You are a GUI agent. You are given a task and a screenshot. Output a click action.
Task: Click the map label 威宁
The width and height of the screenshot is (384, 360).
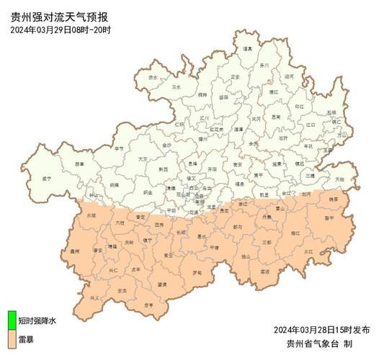point(48,177)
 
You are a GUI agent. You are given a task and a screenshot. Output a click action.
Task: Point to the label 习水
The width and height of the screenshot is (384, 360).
point(176,87)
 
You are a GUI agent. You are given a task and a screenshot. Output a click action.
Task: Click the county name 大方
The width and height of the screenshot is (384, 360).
point(143,158)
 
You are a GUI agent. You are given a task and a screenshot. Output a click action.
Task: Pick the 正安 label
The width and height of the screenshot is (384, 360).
point(236,77)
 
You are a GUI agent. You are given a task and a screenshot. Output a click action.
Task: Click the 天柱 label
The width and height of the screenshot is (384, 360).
point(340,179)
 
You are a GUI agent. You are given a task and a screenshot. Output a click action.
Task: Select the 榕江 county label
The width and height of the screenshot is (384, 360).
point(295,233)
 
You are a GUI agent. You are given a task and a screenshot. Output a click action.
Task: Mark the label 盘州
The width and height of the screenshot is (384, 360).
point(74,251)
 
